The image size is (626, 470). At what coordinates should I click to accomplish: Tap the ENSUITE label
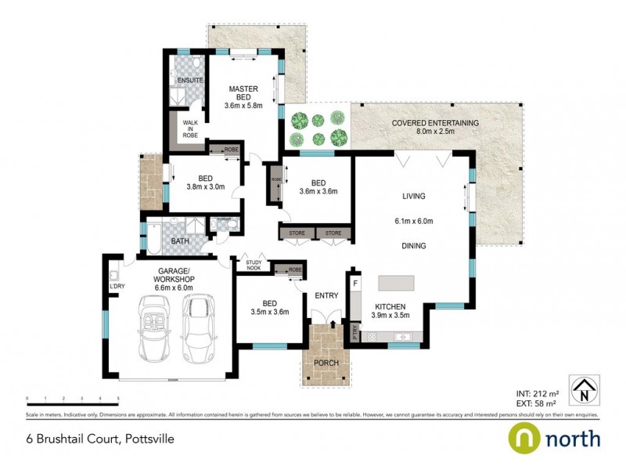pos(190,81)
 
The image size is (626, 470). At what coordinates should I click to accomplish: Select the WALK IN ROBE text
pos(190,128)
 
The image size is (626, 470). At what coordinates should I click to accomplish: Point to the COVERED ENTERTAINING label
pos(435,123)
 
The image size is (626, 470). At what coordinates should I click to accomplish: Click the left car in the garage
pos(154,327)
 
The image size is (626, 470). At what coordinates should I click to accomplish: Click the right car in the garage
pos(200,327)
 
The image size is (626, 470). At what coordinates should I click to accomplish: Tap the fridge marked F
pos(356,282)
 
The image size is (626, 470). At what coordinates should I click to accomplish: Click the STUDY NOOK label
pos(254,266)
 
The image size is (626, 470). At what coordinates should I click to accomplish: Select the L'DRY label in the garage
pos(118,285)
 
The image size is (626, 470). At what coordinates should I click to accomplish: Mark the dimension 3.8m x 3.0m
pos(206,186)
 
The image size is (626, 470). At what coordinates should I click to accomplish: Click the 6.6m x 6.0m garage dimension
pos(174,287)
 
